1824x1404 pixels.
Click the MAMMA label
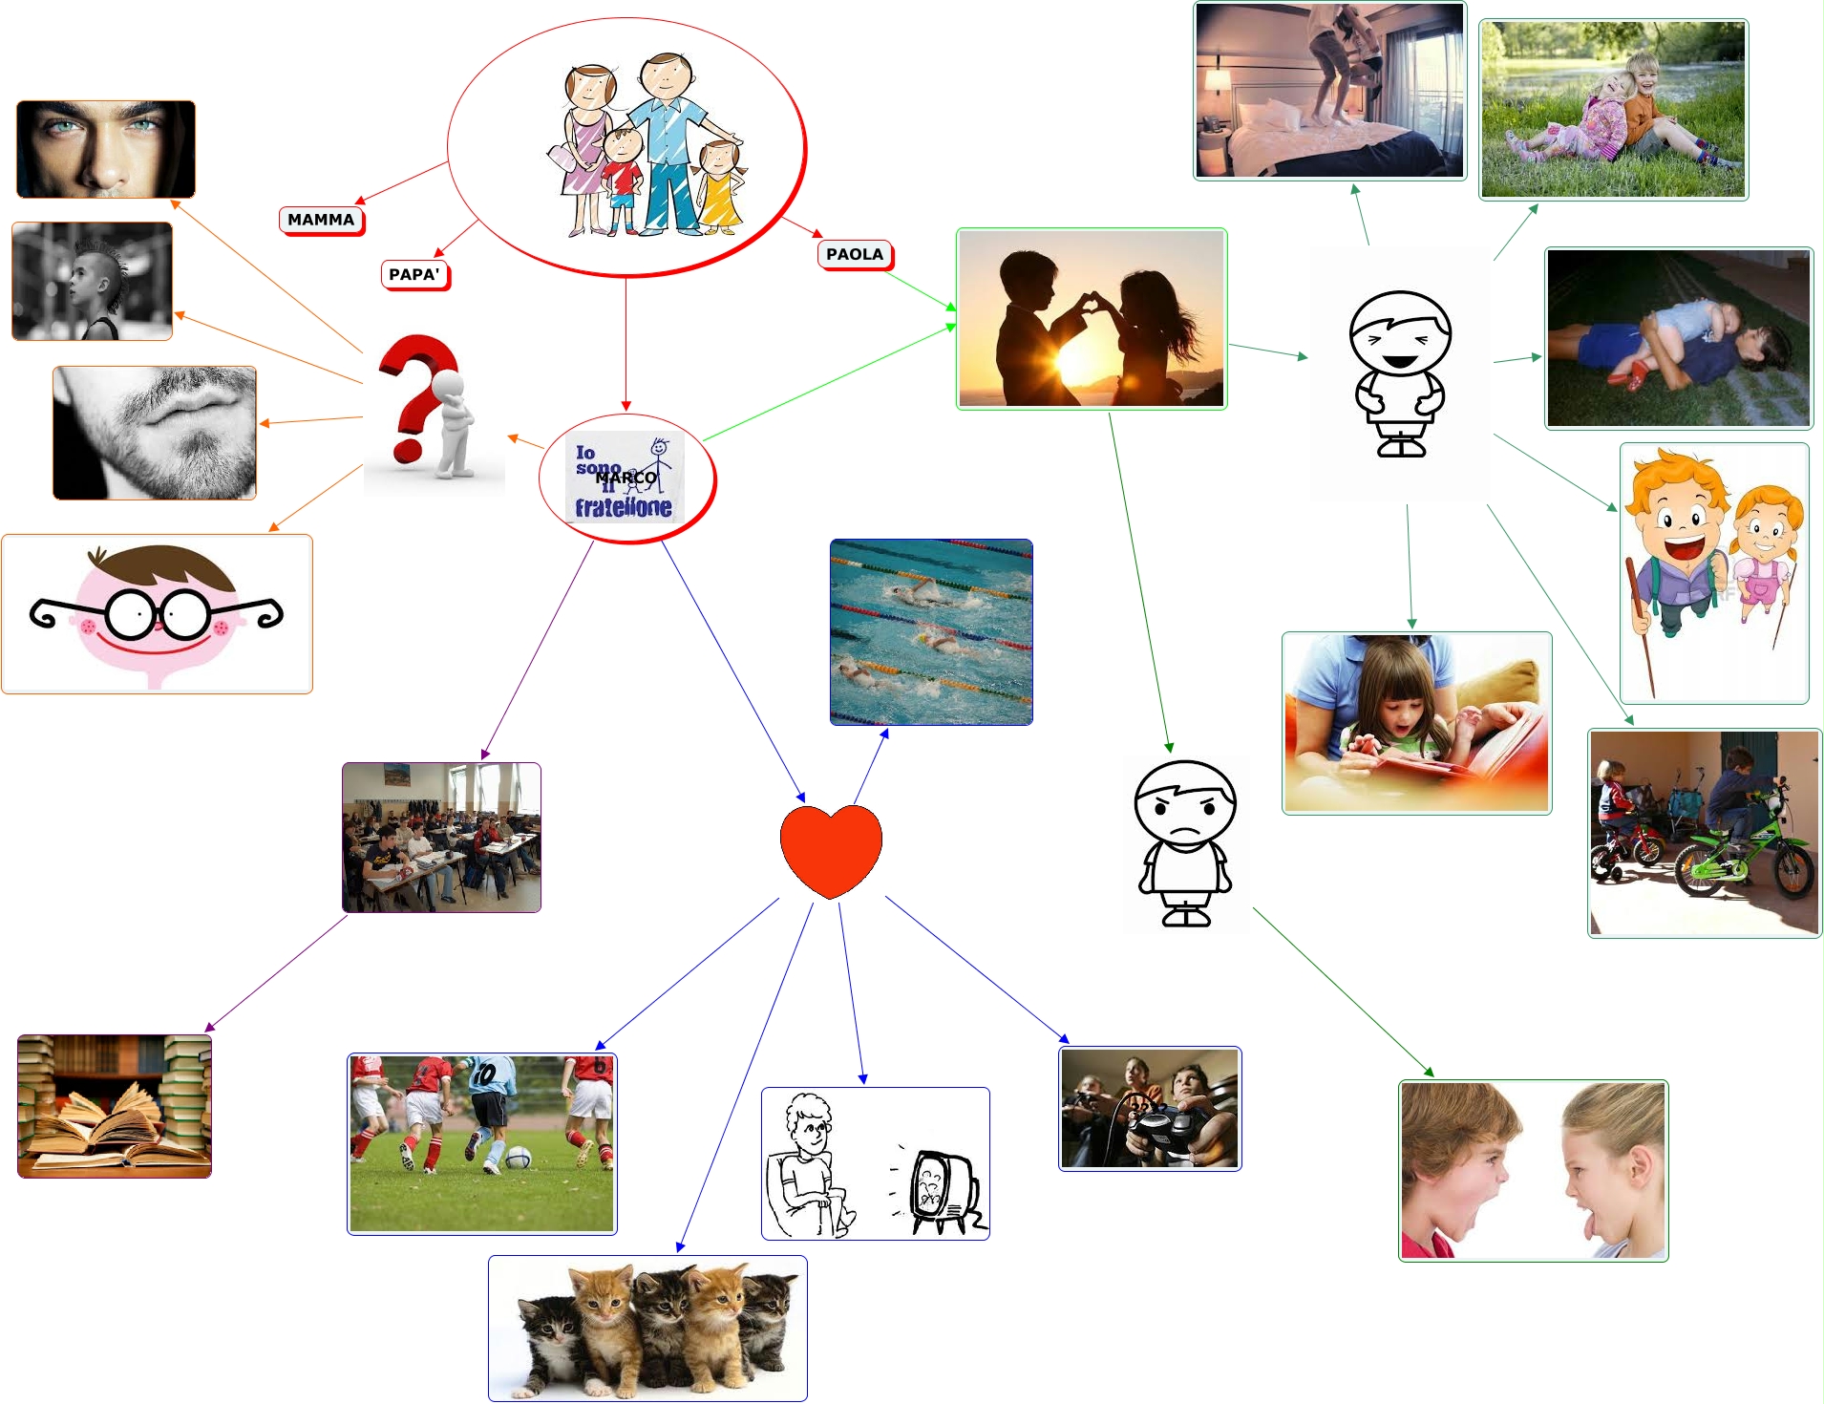point(321,220)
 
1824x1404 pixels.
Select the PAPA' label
point(414,275)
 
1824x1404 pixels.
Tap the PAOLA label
point(855,254)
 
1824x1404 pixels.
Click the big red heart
point(830,848)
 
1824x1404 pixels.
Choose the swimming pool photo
point(931,631)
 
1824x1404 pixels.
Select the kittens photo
point(647,1328)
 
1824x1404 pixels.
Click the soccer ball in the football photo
point(518,1157)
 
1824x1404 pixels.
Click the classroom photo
point(441,837)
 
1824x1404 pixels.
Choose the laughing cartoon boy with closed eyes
point(1400,372)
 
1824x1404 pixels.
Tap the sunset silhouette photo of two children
point(1091,319)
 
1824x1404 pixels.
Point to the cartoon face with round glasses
point(157,614)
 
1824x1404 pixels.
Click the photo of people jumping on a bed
point(1329,91)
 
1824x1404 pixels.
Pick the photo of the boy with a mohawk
point(92,281)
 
